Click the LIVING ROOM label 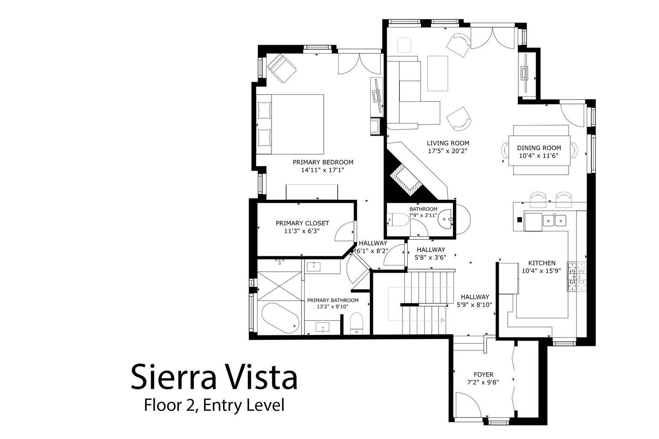(x=448, y=143)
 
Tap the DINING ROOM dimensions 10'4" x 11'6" (x=539, y=156)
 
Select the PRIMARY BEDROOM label (x=323, y=162)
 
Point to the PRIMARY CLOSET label (x=302, y=223)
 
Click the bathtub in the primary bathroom (x=280, y=318)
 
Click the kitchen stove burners (x=577, y=277)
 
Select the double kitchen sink (x=554, y=220)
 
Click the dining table (x=539, y=151)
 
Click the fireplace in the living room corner (x=406, y=180)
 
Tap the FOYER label (x=484, y=374)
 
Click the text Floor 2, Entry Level (x=214, y=405)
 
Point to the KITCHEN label (x=542, y=263)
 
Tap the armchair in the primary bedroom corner (x=282, y=68)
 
